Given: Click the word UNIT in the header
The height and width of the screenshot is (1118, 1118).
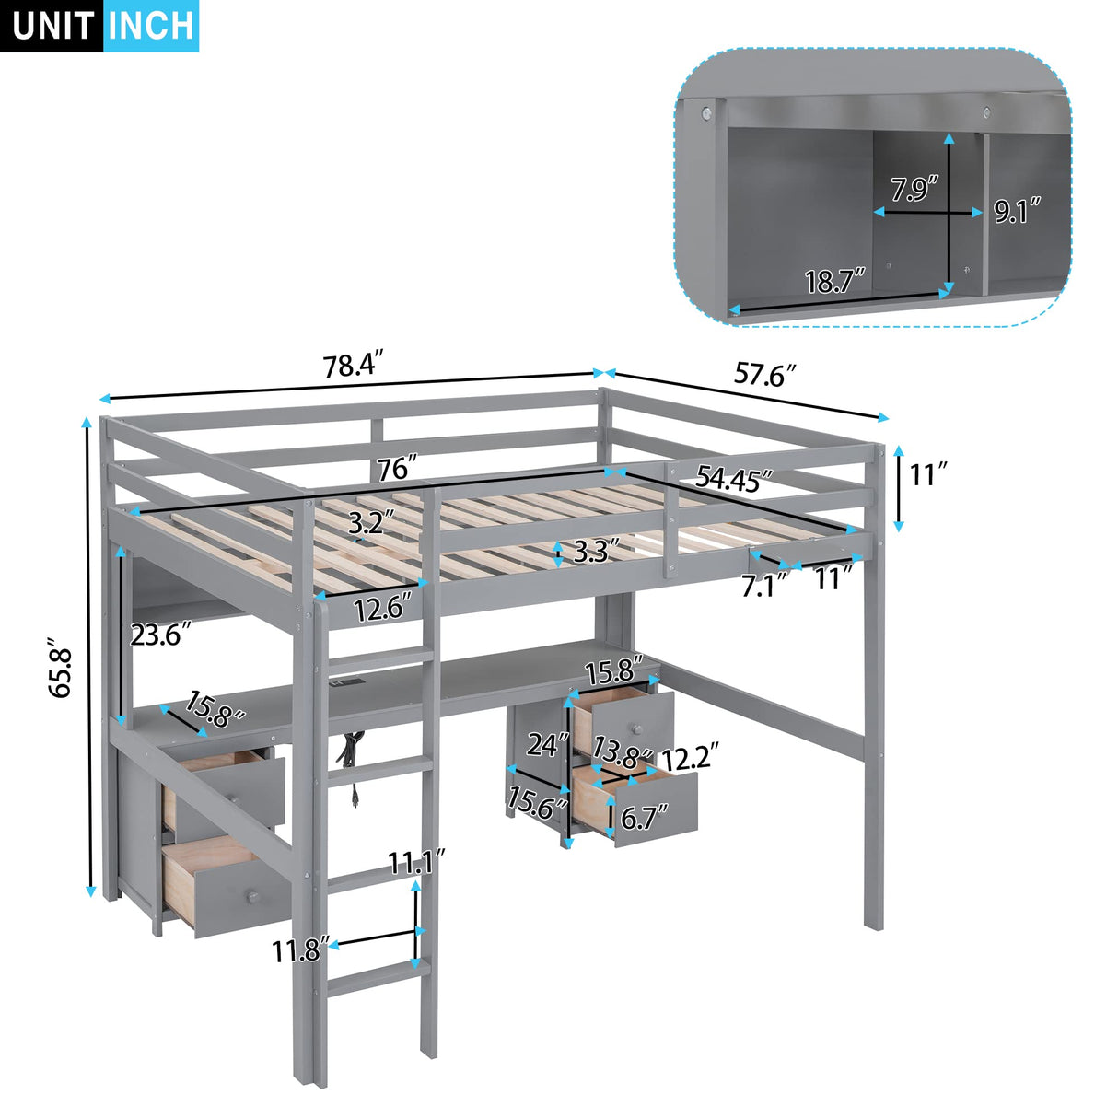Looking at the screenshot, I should coord(52,26).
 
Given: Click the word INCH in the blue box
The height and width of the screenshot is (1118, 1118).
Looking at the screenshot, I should coord(150,26).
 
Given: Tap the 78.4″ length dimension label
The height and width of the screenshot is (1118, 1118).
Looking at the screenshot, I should coord(352,366).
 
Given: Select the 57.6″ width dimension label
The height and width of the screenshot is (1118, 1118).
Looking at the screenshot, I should coord(763,375).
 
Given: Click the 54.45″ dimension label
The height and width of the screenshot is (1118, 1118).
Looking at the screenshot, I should coord(733,477).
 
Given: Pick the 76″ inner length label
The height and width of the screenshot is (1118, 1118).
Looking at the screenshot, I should coord(397,469).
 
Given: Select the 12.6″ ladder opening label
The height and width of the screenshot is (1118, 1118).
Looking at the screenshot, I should coord(381,609).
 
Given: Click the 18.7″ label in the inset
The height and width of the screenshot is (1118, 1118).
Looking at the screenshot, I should coord(834,281).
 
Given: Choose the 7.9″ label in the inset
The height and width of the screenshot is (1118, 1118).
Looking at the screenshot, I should coord(914,190).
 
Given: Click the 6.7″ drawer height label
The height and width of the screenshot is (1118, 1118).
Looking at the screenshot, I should coord(645,816).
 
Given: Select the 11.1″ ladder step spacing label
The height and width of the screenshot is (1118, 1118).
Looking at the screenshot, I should coord(415,863).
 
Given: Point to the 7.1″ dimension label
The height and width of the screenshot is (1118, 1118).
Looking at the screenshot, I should coord(764,585).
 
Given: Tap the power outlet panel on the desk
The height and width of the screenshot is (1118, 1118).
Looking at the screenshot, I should coord(349,684).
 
